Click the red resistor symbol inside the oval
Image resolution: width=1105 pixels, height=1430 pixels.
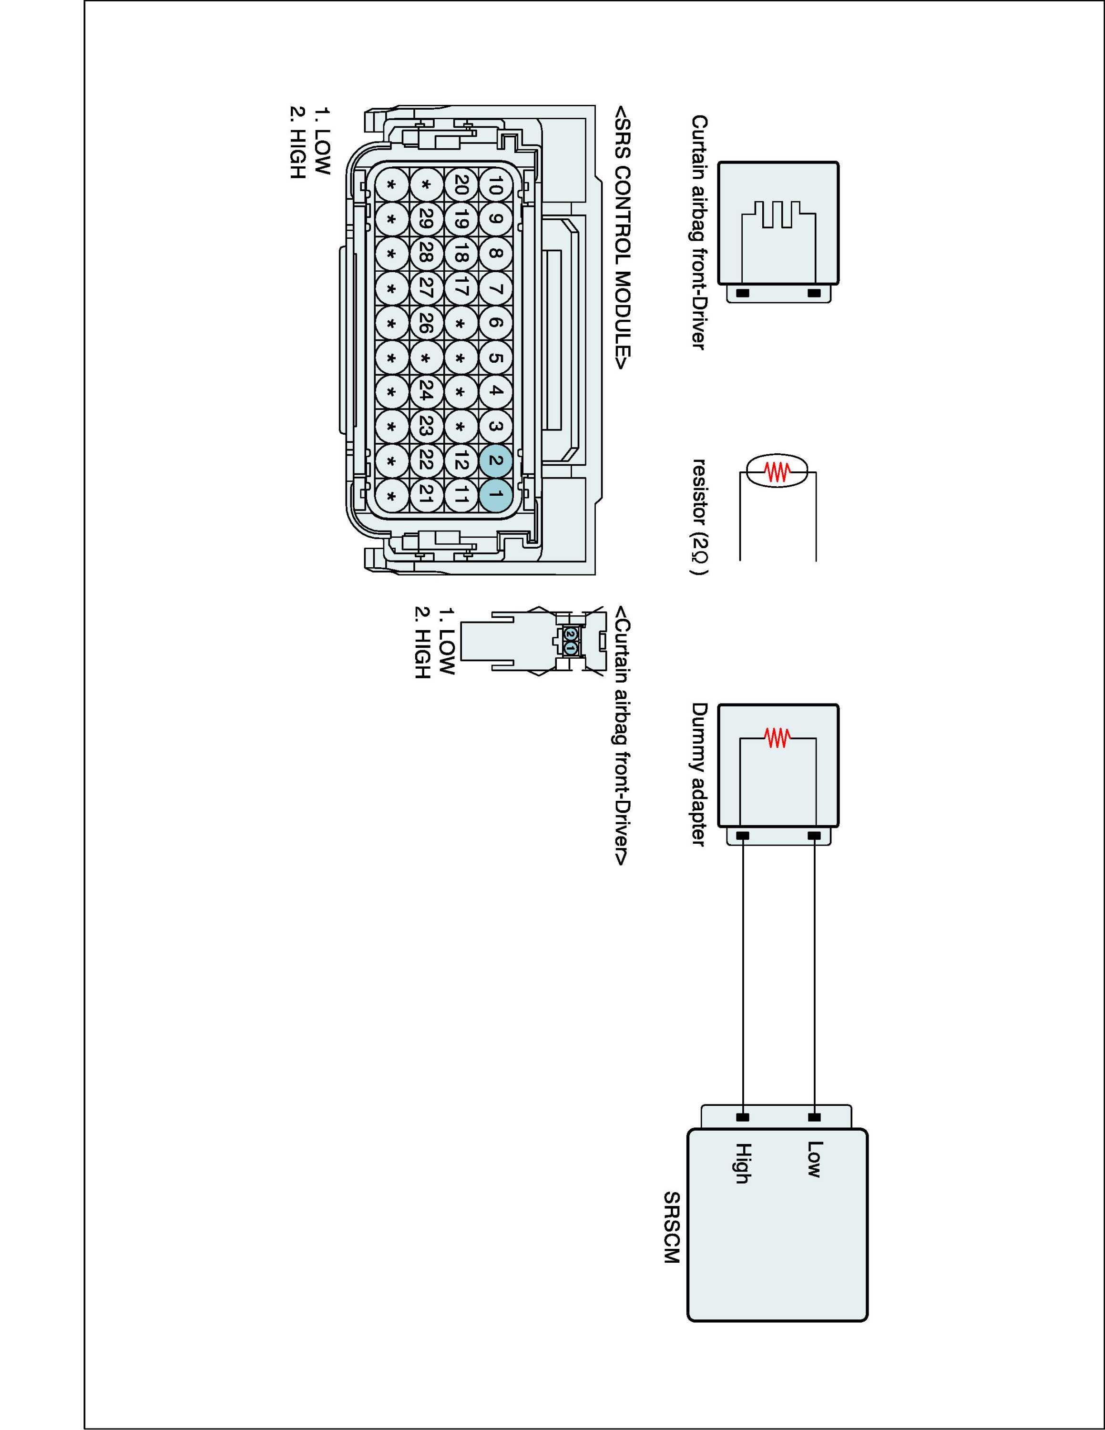pos(778,471)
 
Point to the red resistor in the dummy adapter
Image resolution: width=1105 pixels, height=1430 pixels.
pos(778,738)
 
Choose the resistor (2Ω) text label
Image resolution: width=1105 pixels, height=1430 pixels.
pos(700,517)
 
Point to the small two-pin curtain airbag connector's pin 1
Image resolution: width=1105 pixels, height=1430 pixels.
pos(570,648)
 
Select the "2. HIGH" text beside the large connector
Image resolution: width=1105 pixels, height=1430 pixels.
pos(297,142)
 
